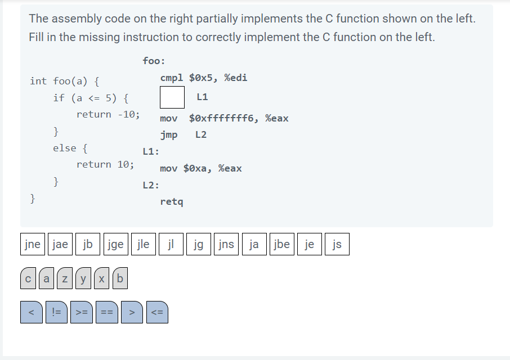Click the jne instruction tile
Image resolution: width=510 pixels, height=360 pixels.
pyautogui.click(x=33, y=244)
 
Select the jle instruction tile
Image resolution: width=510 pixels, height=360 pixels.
pyautogui.click(x=143, y=244)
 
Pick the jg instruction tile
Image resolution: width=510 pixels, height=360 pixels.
pyautogui.click(x=198, y=244)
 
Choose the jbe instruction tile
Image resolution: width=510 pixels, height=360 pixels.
pyautogui.click(x=281, y=244)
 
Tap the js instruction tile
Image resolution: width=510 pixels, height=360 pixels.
pyautogui.click(x=337, y=244)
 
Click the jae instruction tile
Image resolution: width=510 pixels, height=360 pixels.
pyautogui.click(x=60, y=244)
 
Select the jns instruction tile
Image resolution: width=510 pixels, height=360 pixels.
pyautogui.click(x=226, y=244)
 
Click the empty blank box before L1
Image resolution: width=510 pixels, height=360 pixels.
pyautogui.click(x=172, y=97)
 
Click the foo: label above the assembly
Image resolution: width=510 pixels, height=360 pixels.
pyautogui.click(x=154, y=61)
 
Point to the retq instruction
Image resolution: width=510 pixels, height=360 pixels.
pyautogui.click(x=172, y=201)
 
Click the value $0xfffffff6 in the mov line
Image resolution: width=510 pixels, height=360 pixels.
pyautogui.click(x=223, y=118)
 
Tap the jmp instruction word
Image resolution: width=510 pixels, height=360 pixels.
pyautogui.click(x=168, y=135)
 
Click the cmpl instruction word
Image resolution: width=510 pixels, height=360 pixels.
pyautogui.click(x=172, y=78)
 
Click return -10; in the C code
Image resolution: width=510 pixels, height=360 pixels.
pyautogui.click(x=108, y=114)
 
